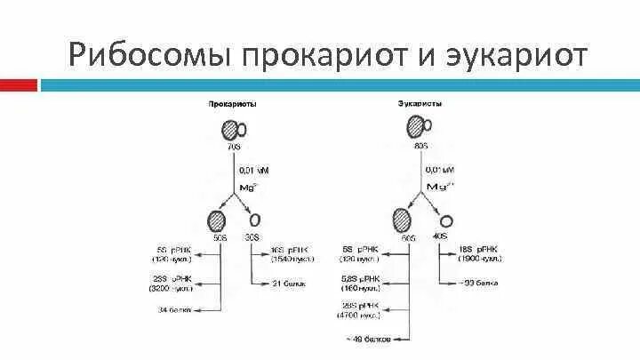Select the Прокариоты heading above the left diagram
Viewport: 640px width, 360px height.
232,103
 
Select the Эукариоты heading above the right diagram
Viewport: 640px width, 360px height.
420,103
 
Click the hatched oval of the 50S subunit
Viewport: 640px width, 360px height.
217,220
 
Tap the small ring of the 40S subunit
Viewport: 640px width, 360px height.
446,220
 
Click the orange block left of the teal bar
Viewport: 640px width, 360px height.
19,85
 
